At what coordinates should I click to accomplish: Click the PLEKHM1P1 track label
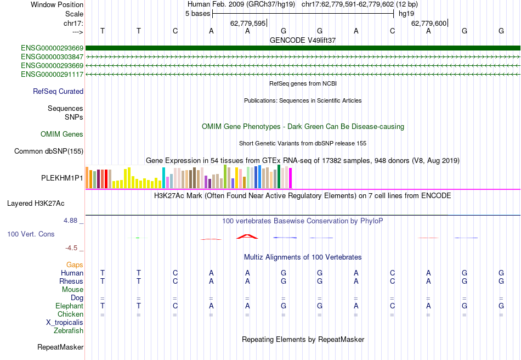62,178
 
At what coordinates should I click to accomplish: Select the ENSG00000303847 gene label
52,57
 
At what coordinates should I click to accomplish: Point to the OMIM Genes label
62,134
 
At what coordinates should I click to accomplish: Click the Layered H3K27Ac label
36,203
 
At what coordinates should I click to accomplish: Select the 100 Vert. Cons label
31,234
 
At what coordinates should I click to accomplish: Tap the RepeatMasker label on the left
60,347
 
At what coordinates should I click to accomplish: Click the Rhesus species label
71,281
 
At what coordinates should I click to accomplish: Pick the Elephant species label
69,306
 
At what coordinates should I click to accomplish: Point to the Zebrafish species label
69,330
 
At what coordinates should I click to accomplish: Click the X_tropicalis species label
65,322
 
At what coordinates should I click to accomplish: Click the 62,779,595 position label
248,23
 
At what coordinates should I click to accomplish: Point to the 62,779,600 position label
429,23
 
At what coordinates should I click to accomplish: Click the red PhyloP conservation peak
247,237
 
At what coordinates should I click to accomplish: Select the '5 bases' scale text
197,13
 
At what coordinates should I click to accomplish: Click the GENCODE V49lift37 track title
303,40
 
